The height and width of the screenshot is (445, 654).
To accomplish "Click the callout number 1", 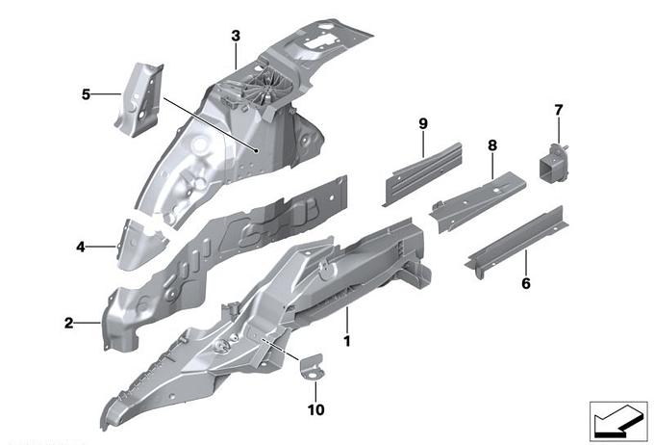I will pos(347,341).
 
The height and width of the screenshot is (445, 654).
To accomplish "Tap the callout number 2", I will pos(68,324).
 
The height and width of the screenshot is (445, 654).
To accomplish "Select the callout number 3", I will pos(236,37).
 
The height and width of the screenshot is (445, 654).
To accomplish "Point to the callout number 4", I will pos(81,247).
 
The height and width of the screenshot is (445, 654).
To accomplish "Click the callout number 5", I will pos(87,94).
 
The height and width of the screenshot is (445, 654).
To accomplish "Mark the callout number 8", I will pos(491,145).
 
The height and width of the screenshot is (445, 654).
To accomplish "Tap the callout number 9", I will pos(422,122).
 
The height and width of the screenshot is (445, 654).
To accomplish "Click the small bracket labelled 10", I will pos(312,365).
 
